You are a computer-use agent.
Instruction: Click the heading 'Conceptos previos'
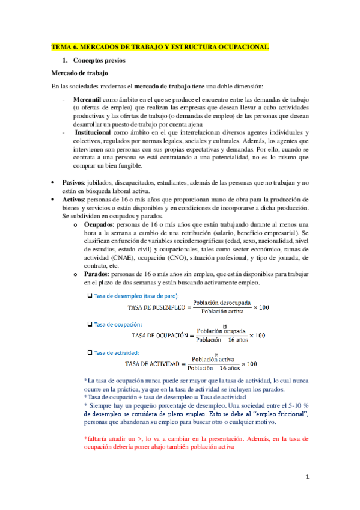[x=97, y=61]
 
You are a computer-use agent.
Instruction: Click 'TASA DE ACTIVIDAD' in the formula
[x=153, y=364]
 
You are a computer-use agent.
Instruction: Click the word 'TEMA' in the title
[x=61, y=46]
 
